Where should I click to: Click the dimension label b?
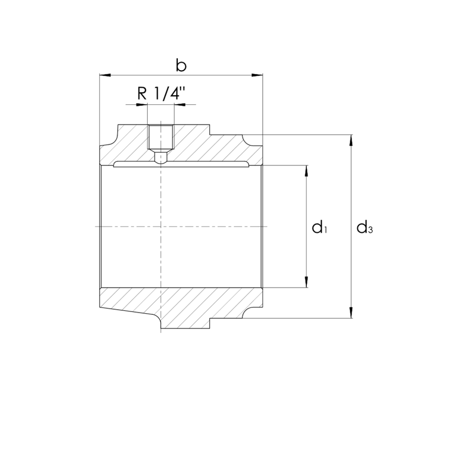point(181,66)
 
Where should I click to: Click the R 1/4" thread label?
point(161,93)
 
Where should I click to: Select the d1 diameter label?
point(319,227)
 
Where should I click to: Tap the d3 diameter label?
point(365,227)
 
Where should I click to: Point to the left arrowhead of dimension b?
point(105,75)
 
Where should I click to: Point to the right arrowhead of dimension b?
point(257,75)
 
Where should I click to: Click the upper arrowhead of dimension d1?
point(306,171)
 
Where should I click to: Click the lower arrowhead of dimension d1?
point(306,281)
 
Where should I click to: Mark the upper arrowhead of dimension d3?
point(351,140)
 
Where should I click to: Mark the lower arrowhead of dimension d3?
point(351,313)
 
